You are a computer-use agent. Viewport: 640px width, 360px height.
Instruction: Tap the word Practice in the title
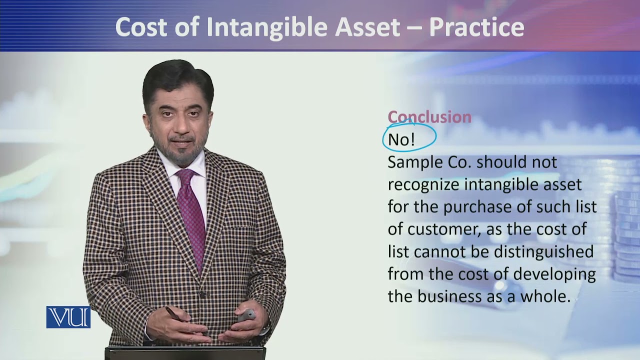(476, 27)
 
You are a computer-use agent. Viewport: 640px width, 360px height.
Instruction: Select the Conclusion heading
(429, 117)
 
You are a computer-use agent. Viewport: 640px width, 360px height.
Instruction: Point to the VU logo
(68, 317)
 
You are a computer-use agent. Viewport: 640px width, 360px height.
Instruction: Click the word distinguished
(543, 251)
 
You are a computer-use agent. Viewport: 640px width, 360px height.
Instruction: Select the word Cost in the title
(139, 27)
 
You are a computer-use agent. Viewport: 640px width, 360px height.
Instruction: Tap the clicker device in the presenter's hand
(246, 315)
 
